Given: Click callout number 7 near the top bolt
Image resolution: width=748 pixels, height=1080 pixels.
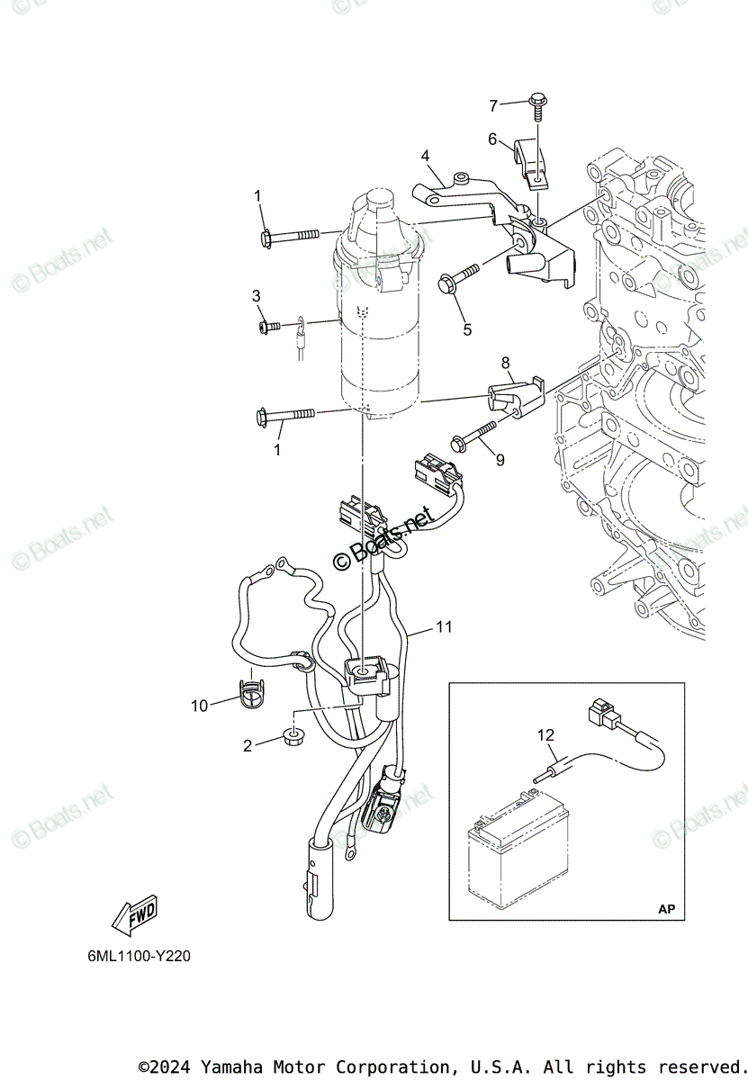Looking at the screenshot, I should [x=493, y=106].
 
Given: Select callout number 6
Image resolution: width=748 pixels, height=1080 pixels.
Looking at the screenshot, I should [x=492, y=139].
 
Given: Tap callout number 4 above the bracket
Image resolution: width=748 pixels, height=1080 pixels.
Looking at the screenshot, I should [x=426, y=157].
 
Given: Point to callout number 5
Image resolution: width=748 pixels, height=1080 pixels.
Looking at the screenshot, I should [x=467, y=329].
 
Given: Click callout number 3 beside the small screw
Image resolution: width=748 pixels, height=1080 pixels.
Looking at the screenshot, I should [x=257, y=295].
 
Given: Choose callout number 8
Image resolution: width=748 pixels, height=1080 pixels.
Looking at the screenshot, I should [x=506, y=364].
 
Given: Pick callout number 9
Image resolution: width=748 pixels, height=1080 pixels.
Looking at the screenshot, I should [x=500, y=459].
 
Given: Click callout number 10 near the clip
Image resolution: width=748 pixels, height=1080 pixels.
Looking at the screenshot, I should [x=199, y=706].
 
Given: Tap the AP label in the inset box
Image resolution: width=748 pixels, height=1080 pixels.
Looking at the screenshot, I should [x=665, y=909].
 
